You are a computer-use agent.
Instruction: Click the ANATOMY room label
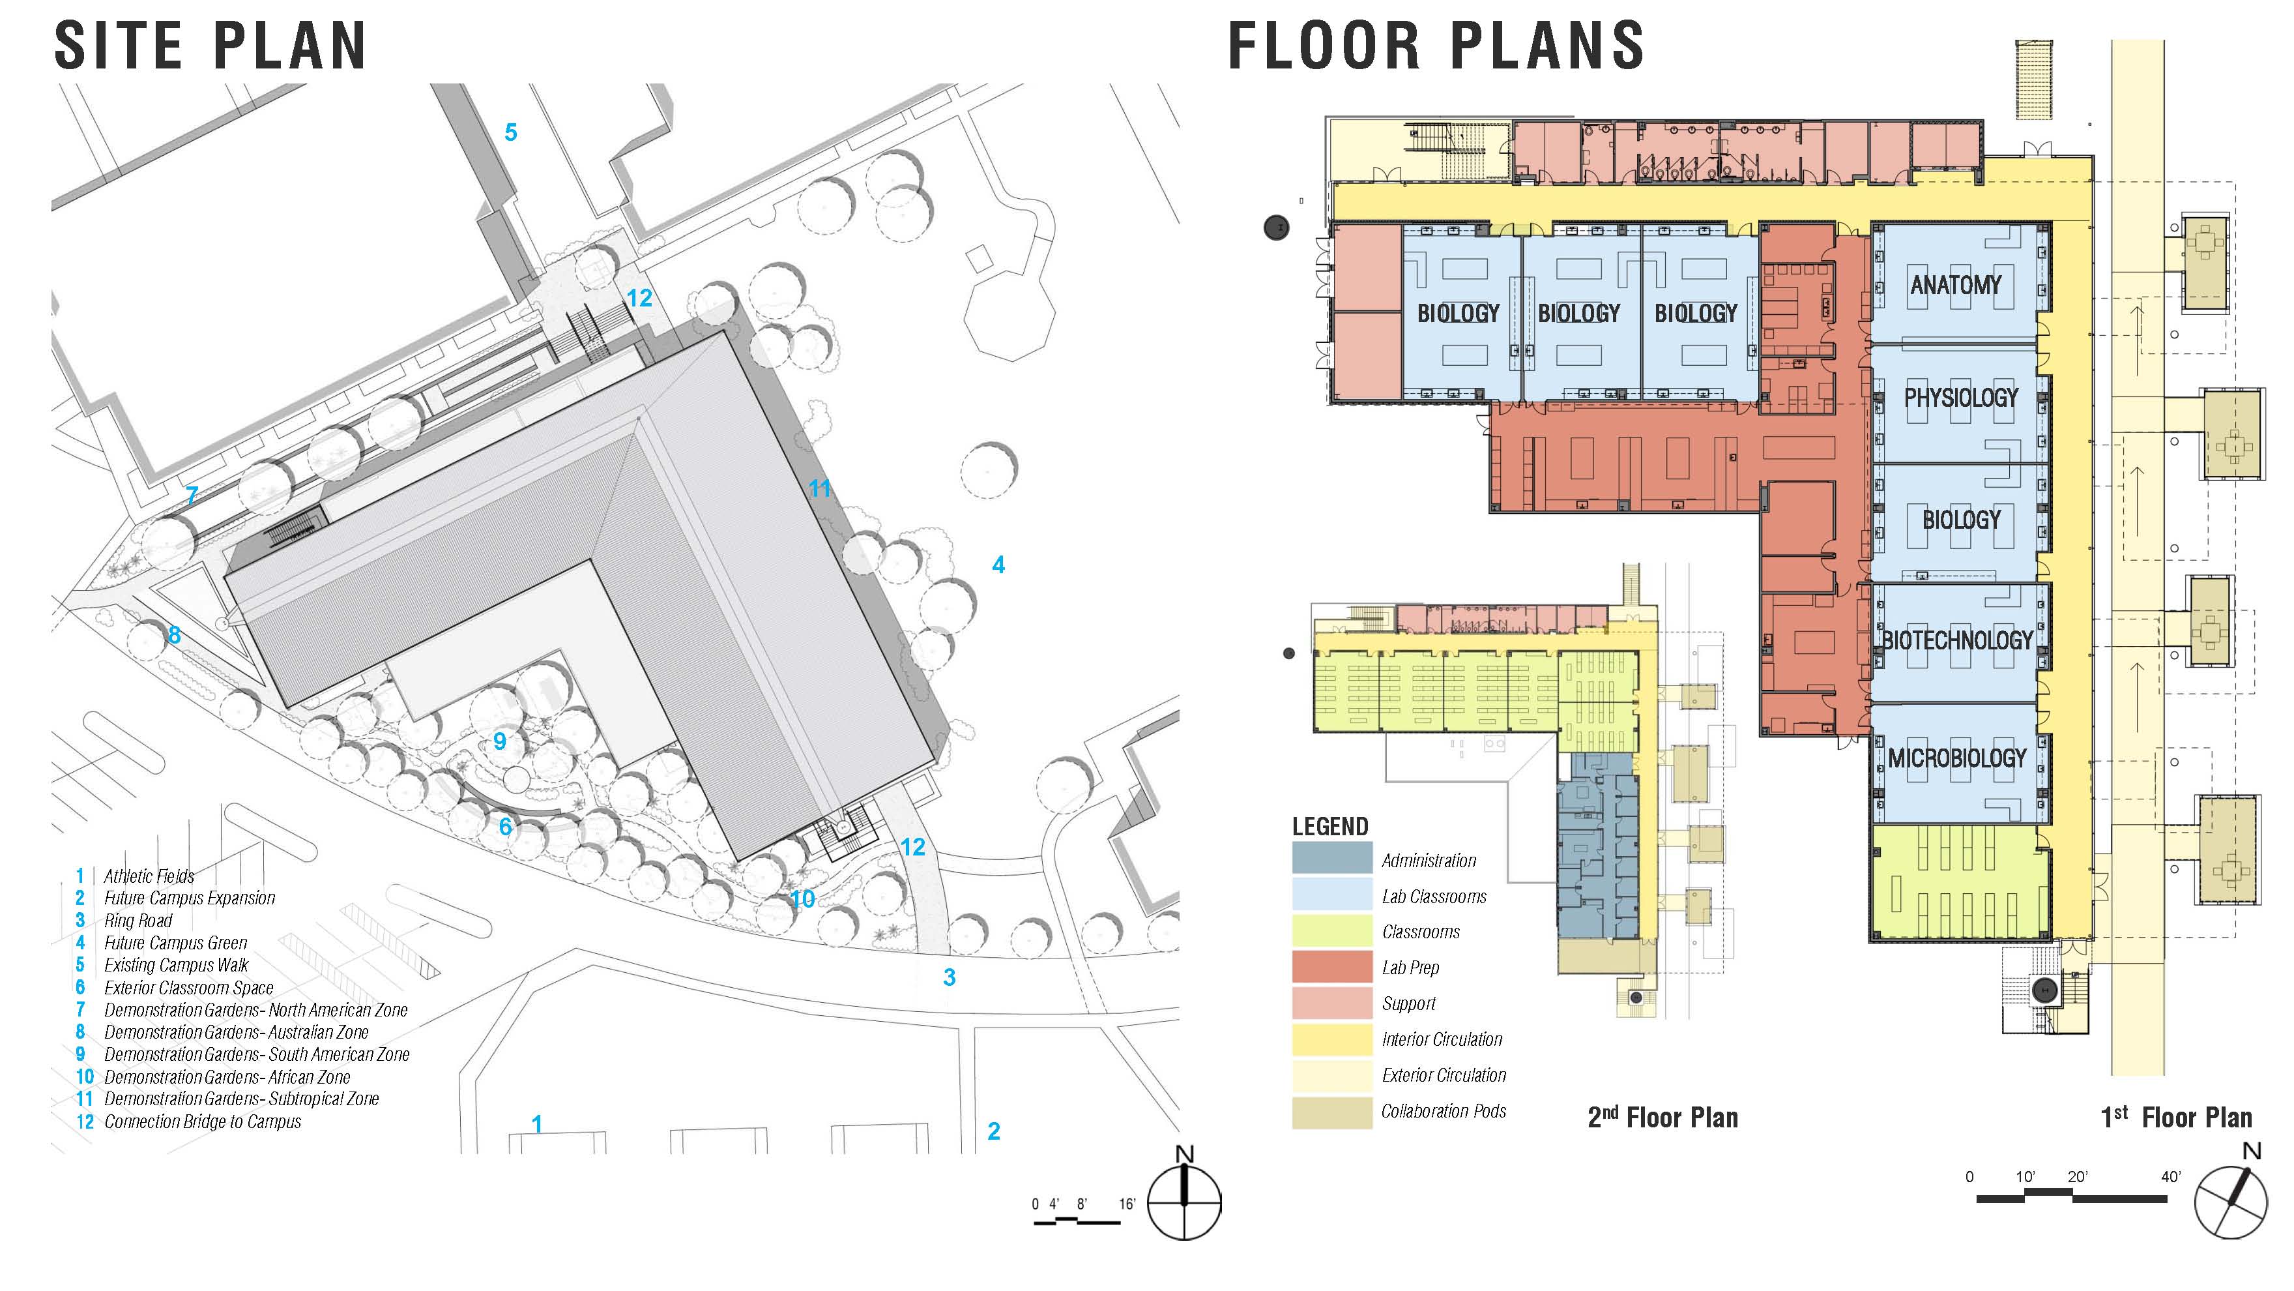pyautogui.click(x=1956, y=285)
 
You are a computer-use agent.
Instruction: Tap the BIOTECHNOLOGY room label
pyautogui.click(x=1956, y=640)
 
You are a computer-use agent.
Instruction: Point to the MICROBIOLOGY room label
pyautogui.click(x=1957, y=758)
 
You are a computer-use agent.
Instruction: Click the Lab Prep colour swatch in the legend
pyautogui.click(x=1332, y=967)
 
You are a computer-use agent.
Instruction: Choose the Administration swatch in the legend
pyautogui.click(x=1332, y=858)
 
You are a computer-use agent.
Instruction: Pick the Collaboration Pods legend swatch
pyautogui.click(x=1332, y=1112)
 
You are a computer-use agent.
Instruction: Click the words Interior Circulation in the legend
pyautogui.click(x=1442, y=1039)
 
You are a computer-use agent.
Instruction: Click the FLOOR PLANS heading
pyautogui.click(x=1436, y=46)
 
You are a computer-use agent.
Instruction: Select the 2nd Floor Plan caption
pyautogui.click(x=1662, y=1118)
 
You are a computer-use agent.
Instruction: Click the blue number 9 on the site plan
pyautogui.click(x=500, y=741)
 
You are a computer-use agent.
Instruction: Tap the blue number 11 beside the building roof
pyautogui.click(x=819, y=488)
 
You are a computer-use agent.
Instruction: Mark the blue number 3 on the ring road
pyautogui.click(x=950, y=977)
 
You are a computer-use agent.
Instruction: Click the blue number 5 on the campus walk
pyautogui.click(x=510, y=133)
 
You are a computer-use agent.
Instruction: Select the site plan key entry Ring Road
pyautogui.click(x=138, y=921)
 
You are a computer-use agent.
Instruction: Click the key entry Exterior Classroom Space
pyautogui.click(x=189, y=987)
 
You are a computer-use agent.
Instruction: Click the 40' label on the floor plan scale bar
pyautogui.click(x=2171, y=1177)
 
